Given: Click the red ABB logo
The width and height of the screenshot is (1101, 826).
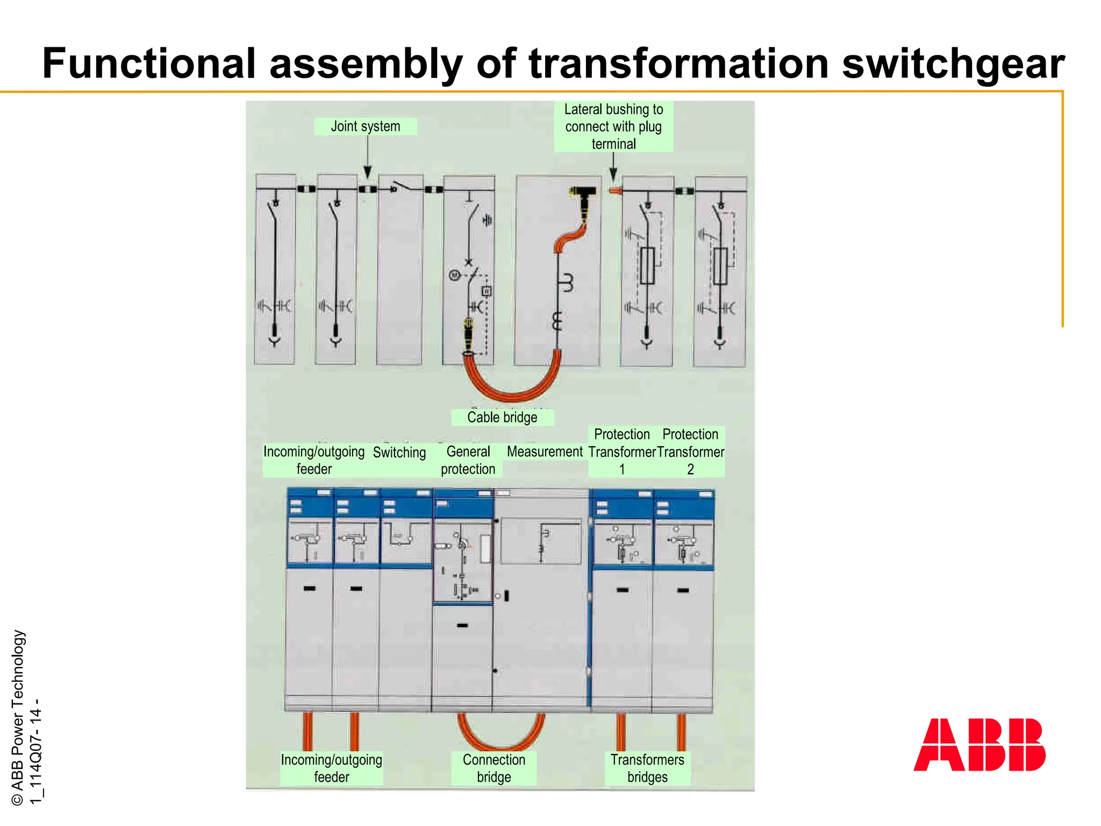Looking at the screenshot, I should point(979,744).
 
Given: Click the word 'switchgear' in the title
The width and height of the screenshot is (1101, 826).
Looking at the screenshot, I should point(953,63).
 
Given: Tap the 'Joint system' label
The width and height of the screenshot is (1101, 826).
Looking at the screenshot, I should point(366,126).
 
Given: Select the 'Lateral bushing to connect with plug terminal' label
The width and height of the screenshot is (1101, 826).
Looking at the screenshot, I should point(613,126).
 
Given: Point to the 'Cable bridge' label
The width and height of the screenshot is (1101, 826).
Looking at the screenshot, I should point(502,417).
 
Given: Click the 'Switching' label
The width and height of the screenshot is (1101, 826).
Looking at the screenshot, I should point(399,452).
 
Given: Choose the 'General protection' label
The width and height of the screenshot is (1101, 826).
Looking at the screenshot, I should point(468,460).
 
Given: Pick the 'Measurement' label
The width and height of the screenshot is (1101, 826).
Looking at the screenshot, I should point(545,452).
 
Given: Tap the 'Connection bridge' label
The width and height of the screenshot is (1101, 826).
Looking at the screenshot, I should point(494,768).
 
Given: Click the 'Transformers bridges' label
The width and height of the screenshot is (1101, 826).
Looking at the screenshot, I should point(647,768).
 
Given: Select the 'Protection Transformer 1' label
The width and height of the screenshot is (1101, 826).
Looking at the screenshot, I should point(622,452).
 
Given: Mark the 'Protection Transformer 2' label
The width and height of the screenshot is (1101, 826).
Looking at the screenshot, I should point(691,452).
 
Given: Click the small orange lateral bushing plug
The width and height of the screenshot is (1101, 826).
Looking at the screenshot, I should point(616,190).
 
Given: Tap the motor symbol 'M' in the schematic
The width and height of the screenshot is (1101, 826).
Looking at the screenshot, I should point(455,276).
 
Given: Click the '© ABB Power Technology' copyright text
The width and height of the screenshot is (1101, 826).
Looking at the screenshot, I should point(18,717).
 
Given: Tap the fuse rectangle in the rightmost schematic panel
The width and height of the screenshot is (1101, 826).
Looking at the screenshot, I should point(720,266).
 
